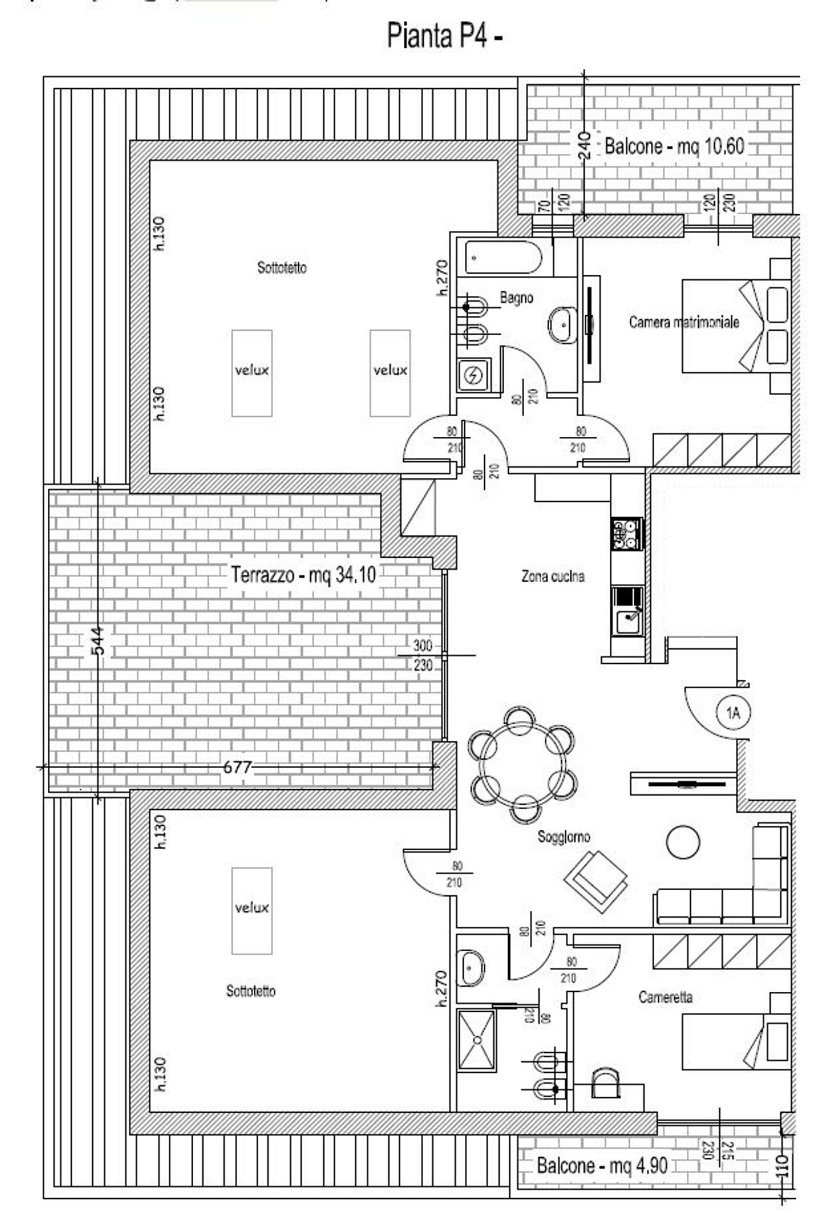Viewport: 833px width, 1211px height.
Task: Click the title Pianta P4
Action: click(x=444, y=37)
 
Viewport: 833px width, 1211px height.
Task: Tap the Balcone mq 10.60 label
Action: click(x=674, y=147)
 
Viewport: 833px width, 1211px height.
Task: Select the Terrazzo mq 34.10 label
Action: click(x=303, y=574)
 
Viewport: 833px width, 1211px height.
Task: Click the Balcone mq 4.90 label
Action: click(x=601, y=1165)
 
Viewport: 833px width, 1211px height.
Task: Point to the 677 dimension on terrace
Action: click(x=237, y=767)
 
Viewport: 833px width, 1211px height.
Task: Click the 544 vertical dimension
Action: click(x=98, y=641)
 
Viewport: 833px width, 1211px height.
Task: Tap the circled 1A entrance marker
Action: click(x=733, y=713)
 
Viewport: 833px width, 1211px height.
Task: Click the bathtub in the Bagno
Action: click(x=503, y=258)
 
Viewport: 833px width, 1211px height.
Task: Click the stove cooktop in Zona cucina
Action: click(x=626, y=534)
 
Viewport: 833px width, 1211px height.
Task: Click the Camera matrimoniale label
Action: click(x=684, y=322)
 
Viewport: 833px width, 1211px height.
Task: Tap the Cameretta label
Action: click(x=665, y=997)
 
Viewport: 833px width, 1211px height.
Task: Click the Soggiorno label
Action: click(x=563, y=836)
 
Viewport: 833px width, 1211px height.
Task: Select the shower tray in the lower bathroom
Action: click(x=476, y=1039)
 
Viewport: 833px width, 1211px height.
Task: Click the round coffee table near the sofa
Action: click(x=683, y=841)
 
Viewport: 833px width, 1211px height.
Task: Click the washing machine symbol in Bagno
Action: click(x=474, y=376)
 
